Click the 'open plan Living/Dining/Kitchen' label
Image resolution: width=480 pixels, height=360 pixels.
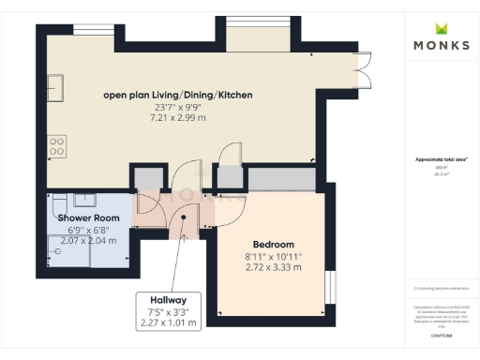click(x=177, y=95)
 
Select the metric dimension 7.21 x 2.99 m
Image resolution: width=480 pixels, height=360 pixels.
click(x=177, y=119)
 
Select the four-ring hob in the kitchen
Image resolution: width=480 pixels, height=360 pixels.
click(x=56, y=145)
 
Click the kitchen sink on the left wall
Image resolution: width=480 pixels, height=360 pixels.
click(x=55, y=89)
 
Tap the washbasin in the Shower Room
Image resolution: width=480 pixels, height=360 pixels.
click(x=82, y=199)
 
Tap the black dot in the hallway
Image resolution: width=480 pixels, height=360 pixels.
click(x=184, y=217)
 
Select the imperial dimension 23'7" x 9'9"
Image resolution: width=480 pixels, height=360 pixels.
click(x=177, y=107)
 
